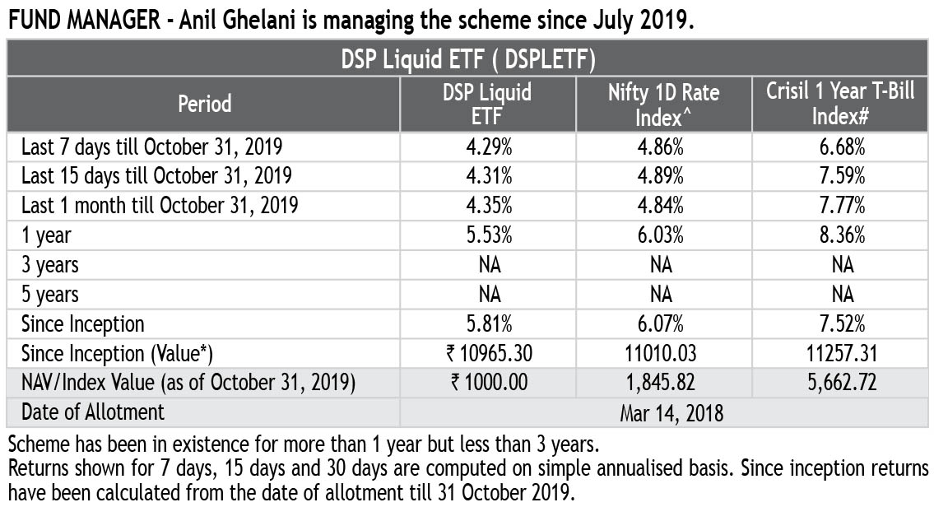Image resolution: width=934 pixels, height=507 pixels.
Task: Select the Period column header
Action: [205, 104]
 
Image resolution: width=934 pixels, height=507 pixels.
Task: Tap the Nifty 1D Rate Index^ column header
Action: [663, 104]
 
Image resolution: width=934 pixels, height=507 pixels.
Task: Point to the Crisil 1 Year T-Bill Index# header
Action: [840, 104]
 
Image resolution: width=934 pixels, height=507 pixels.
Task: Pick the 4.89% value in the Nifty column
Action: [662, 176]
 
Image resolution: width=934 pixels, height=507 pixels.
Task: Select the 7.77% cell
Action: [840, 205]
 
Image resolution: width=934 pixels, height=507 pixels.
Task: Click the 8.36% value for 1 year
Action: [840, 235]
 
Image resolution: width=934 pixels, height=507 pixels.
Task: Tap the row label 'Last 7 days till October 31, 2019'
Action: [152, 147]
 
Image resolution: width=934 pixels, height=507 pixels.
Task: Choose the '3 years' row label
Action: [50, 265]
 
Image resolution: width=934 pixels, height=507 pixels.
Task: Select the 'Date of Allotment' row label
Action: [93, 412]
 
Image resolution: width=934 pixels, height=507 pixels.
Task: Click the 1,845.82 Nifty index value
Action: [662, 384]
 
